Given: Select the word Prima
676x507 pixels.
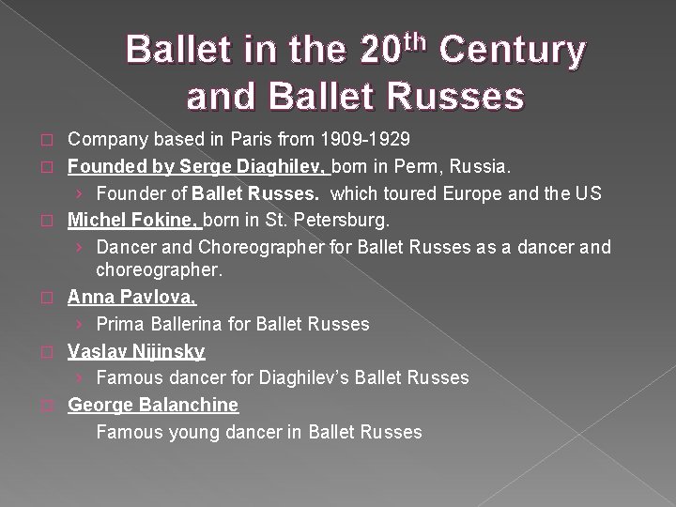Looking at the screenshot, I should point(117,324).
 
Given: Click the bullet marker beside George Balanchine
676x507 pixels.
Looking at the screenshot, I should point(53,406).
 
